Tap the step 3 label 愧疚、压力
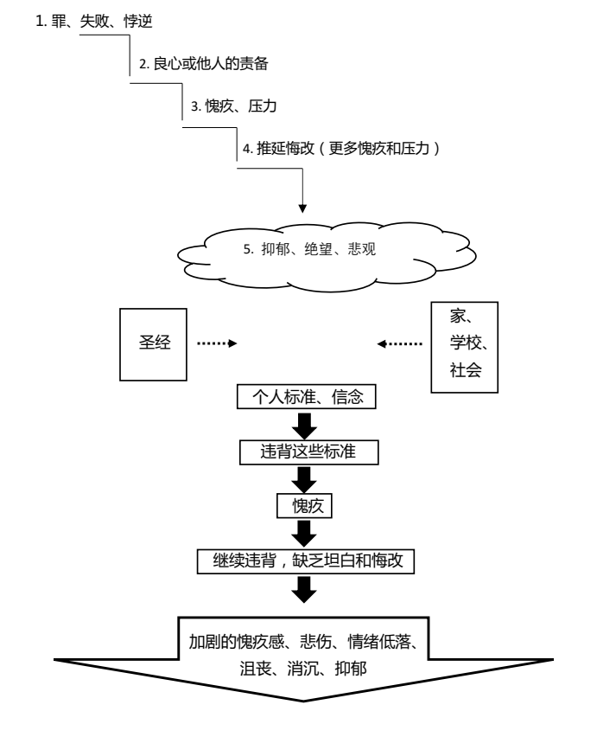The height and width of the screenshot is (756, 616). (x=234, y=107)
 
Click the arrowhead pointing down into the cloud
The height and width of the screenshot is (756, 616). (x=302, y=207)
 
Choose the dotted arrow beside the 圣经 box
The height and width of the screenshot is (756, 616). (x=217, y=343)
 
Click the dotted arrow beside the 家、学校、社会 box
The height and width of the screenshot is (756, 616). (x=400, y=343)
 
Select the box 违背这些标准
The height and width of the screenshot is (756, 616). (x=307, y=452)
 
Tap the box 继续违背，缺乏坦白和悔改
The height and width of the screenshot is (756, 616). (x=307, y=561)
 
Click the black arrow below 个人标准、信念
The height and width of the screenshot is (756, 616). (x=306, y=426)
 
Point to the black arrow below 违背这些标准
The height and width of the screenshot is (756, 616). (x=306, y=479)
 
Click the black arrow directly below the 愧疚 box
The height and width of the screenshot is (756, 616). (x=306, y=533)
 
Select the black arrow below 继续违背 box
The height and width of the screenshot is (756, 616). (x=306, y=588)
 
